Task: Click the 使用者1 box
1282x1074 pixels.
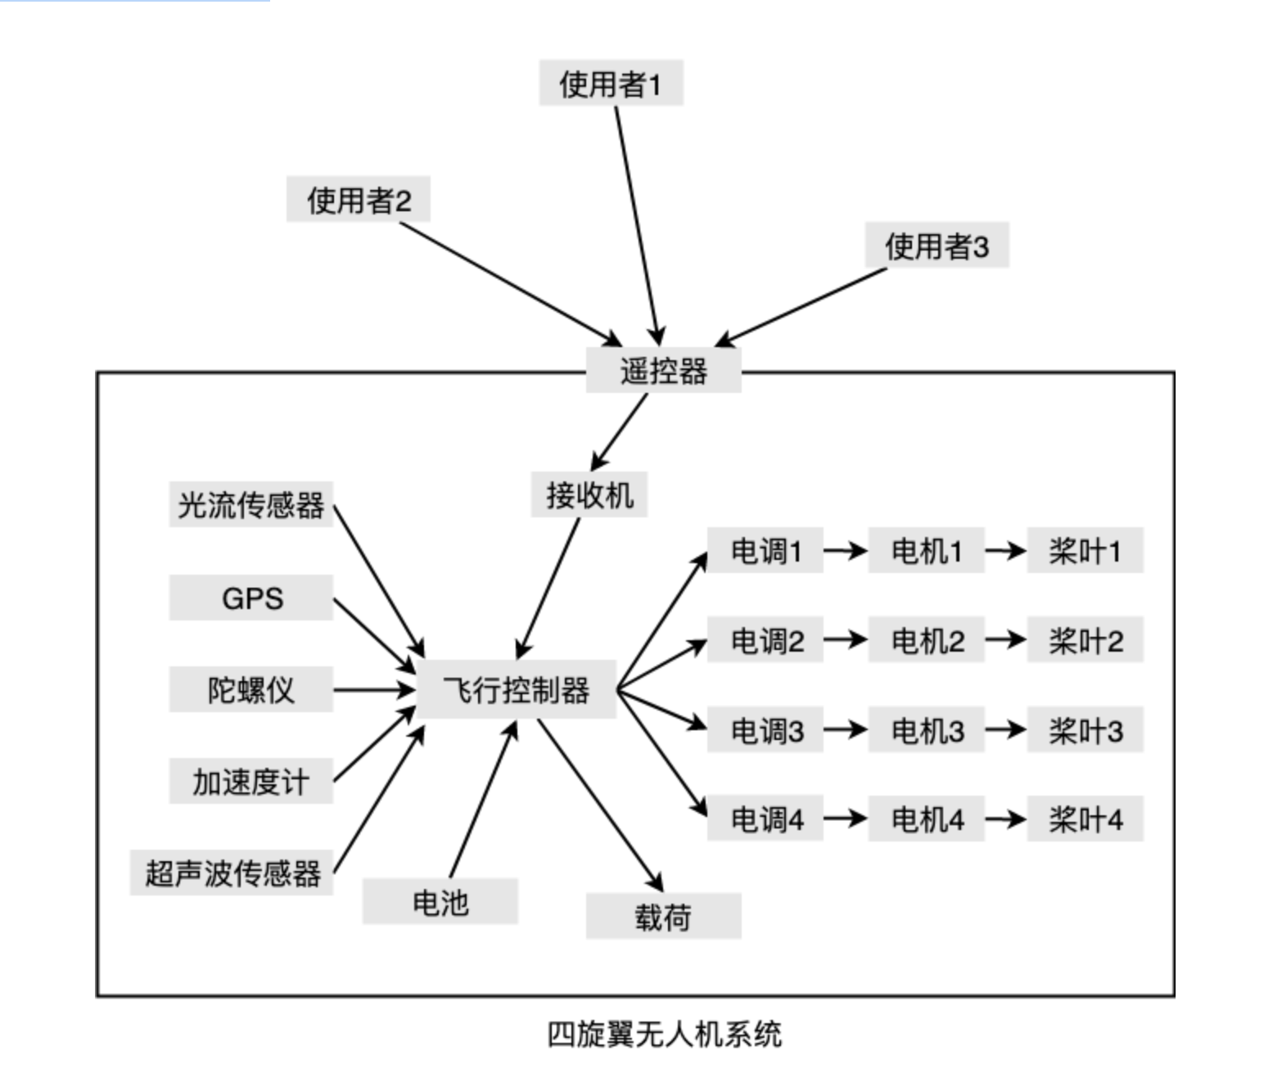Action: click(x=610, y=83)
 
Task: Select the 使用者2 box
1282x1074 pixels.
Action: click(x=358, y=200)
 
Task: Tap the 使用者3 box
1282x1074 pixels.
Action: click(x=937, y=246)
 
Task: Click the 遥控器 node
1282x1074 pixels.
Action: click(x=663, y=371)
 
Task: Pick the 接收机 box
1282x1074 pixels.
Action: click(x=589, y=494)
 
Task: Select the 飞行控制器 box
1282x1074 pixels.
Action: click(x=516, y=690)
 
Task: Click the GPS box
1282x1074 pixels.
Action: click(x=251, y=598)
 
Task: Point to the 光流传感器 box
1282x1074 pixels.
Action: click(x=251, y=504)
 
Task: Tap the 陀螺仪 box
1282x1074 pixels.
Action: click(x=251, y=689)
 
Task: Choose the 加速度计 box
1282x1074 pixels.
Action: click(x=251, y=782)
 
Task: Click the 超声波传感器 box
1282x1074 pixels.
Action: click(x=232, y=873)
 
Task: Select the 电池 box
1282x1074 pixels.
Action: click(x=440, y=902)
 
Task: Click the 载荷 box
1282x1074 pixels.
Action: click(x=663, y=916)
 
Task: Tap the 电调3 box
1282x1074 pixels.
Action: click(x=765, y=729)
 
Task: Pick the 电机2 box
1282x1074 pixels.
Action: click(x=926, y=640)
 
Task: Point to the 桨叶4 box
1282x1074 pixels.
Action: click(x=1085, y=819)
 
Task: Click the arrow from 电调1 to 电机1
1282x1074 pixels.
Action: click(x=845, y=551)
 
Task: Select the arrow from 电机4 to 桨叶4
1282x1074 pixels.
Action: click(x=1005, y=819)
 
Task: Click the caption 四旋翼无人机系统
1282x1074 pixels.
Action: click(x=664, y=1034)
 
